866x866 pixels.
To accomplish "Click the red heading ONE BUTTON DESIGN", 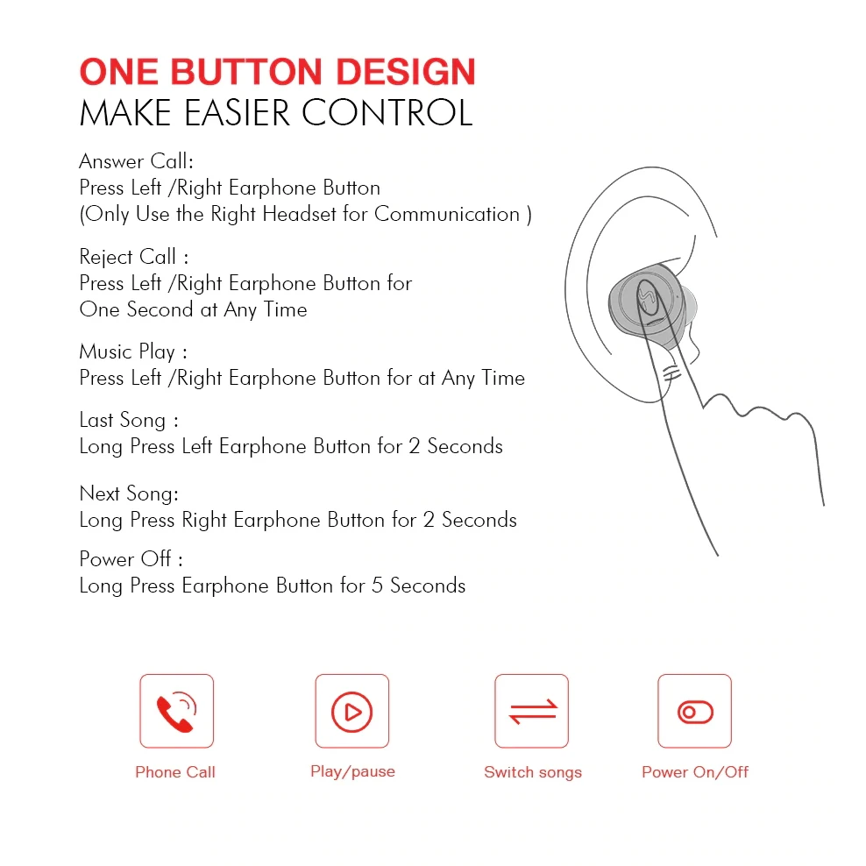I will click(277, 72).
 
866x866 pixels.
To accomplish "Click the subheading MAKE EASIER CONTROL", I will click(275, 114).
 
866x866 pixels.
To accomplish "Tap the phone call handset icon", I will click(176, 710).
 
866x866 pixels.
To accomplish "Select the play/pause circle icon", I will click(351, 710).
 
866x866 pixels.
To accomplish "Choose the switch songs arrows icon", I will click(532, 710).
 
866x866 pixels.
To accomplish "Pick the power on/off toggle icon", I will click(695, 711).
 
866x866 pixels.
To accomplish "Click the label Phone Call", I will click(175, 772).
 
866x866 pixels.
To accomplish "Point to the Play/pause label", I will click(352, 771).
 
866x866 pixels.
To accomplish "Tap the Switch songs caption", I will click(533, 772).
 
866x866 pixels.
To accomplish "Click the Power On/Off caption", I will click(695, 772).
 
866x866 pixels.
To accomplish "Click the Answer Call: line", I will click(136, 161).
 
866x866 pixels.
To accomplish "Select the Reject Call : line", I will click(133, 257).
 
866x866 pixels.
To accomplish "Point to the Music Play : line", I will click(133, 352).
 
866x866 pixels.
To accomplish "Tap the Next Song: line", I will click(129, 493).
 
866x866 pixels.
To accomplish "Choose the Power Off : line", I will click(131, 559).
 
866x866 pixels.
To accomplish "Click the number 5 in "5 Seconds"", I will click(377, 586).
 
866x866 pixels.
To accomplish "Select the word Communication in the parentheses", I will click(447, 214).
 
